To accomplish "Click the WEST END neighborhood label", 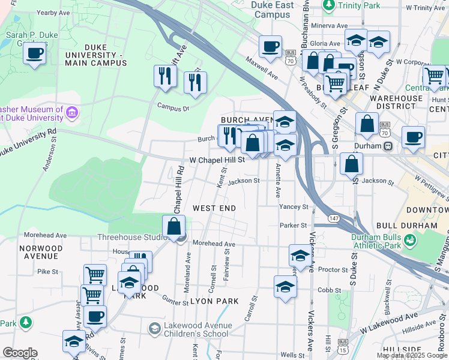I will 214,208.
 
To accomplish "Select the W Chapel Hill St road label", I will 217,160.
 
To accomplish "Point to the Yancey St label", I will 294,206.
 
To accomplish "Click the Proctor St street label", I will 330,270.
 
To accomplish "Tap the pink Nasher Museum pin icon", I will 71,112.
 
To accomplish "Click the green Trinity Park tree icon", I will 328,5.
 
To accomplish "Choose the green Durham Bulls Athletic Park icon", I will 411,240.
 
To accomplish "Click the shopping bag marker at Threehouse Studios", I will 173,226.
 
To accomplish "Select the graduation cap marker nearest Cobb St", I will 285,287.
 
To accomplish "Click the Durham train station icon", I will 388,146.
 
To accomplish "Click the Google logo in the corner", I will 20,353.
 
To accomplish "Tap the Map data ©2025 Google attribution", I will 411,355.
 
